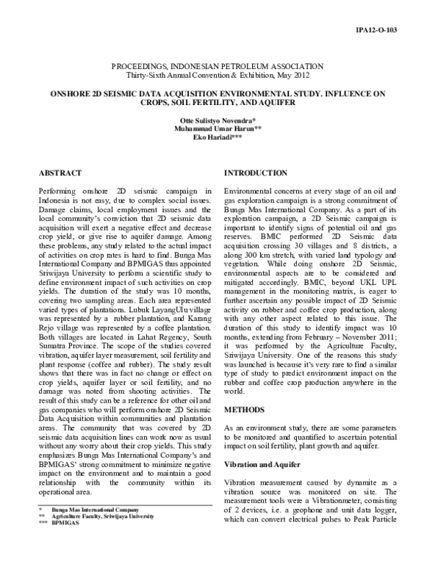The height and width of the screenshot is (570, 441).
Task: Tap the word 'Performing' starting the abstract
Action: point(56,191)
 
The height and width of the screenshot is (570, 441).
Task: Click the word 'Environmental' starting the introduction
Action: point(250,191)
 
